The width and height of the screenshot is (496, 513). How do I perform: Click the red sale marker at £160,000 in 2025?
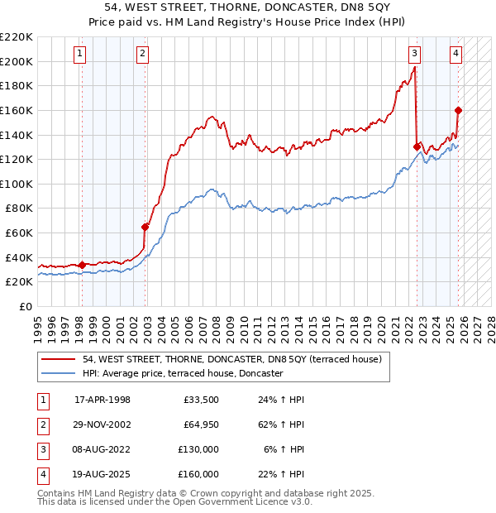tap(458, 110)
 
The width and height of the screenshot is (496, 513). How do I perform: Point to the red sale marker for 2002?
tap(145, 227)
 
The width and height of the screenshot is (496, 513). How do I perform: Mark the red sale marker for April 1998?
tap(82, 265)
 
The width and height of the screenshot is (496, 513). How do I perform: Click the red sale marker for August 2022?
tap(417, 146)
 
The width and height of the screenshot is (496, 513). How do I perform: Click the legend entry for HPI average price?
tap(183, 374)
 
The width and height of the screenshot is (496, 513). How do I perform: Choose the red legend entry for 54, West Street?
tap(231, 359)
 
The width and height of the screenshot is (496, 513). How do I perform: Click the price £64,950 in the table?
tap(200, 424)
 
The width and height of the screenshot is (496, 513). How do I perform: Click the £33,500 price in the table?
tap(200, 400)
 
